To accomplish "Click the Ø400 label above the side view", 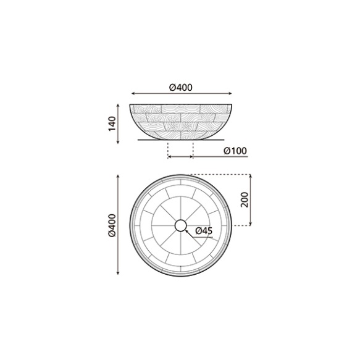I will coord(180,87).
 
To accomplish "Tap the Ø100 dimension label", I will coord(235,150).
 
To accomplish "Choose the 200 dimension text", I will coord(245,200).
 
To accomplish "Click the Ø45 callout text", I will coord(204,231).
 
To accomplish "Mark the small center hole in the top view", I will coord(180,226).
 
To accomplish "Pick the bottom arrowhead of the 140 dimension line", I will coord(117,143).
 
